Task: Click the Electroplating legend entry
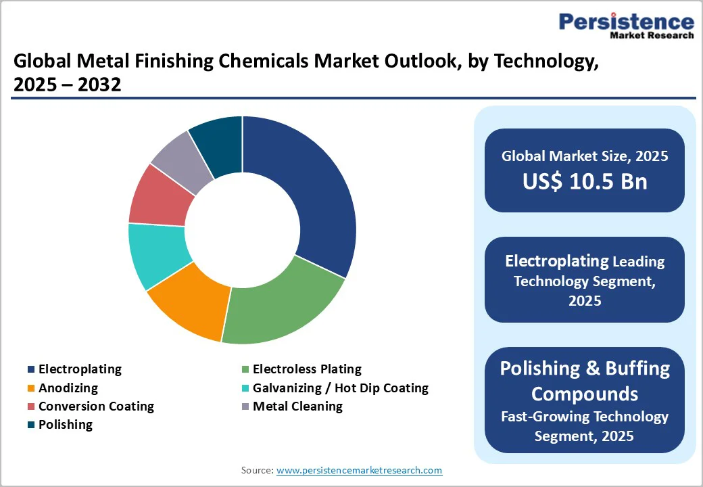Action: tap(80, 369)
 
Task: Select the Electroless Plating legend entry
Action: tap(307, 369)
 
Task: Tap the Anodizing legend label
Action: tap(68, 388)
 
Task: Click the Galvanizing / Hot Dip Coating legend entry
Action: tap(340, 388)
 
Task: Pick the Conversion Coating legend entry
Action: tap(96, 407)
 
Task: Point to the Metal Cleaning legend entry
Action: tap(297, 407)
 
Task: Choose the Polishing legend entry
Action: tap(66, 425)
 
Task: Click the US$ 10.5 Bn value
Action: tap(585, 181)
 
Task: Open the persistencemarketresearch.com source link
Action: tap(359, 470)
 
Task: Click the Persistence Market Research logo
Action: tap(626, 26)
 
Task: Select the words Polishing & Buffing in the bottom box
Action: tap(585, 369)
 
